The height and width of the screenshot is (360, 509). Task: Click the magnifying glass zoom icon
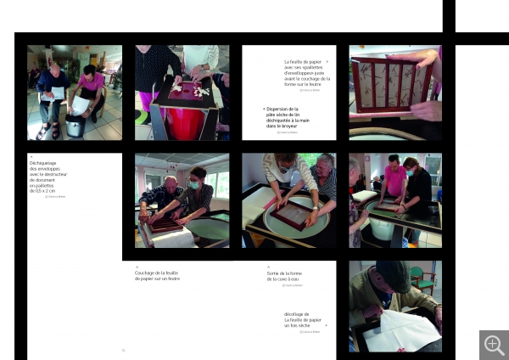tap(494, 345)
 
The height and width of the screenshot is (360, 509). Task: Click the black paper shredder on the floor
tap(75, 125)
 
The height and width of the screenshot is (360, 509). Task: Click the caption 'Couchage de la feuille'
tap(158, 275)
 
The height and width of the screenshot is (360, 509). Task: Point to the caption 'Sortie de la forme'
tap(282, 276)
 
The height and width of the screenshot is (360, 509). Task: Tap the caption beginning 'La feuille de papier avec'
tap(304, 73)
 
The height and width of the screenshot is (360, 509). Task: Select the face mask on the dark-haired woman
tap(193, 184)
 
